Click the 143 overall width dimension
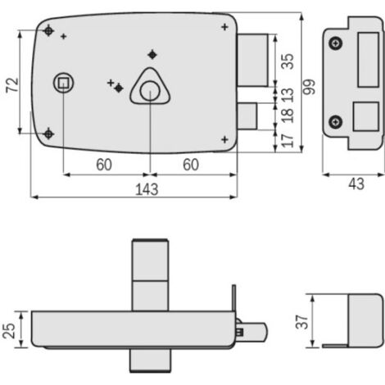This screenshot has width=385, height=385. pyautogui.click(x=147, y=189)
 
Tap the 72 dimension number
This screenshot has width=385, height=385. pyautogui.click(x=13, y=84)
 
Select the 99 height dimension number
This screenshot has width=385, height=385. pyautogui.click(x=310, y=87)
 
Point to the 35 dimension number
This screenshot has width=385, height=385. pyautogui.click(x=288, y=61)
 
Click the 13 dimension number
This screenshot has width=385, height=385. pyautogui.click(x=288, y=95)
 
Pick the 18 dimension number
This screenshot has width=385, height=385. pyautogui.click(x=288, y=115)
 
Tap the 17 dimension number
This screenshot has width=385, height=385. pyautogui.click(x=288, y=140)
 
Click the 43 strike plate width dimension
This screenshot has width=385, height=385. pyautogui.click(x=356, y=183)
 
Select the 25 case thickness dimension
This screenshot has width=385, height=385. pyautogui.click(x=9, y=331)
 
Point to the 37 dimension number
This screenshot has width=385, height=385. pyautogui.click(x=302, y=322)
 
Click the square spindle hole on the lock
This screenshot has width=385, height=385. pyautogui.click(x=64, y=83)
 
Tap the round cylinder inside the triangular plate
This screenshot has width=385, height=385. pyautogui.click(x=150, y=90)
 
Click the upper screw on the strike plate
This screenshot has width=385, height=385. pyautogui.click(x=336, y=43)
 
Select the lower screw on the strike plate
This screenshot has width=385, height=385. pyautogui.click(x=336, y=122)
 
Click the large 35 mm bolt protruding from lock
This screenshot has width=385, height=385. pyautogui.click(x=252, y=60)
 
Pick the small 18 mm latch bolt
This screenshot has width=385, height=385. pyautogui.click(x=247, y=116)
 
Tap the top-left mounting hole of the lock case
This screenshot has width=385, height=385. pyautogui.click(x=48, y=31)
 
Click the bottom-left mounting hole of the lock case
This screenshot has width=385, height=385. pyautogui.click(x=48, y=134)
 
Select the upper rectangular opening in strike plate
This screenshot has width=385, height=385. pyautogui.click(x=368, y=60)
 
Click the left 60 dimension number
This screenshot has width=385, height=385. pyautogui.click(x=104, y=165)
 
